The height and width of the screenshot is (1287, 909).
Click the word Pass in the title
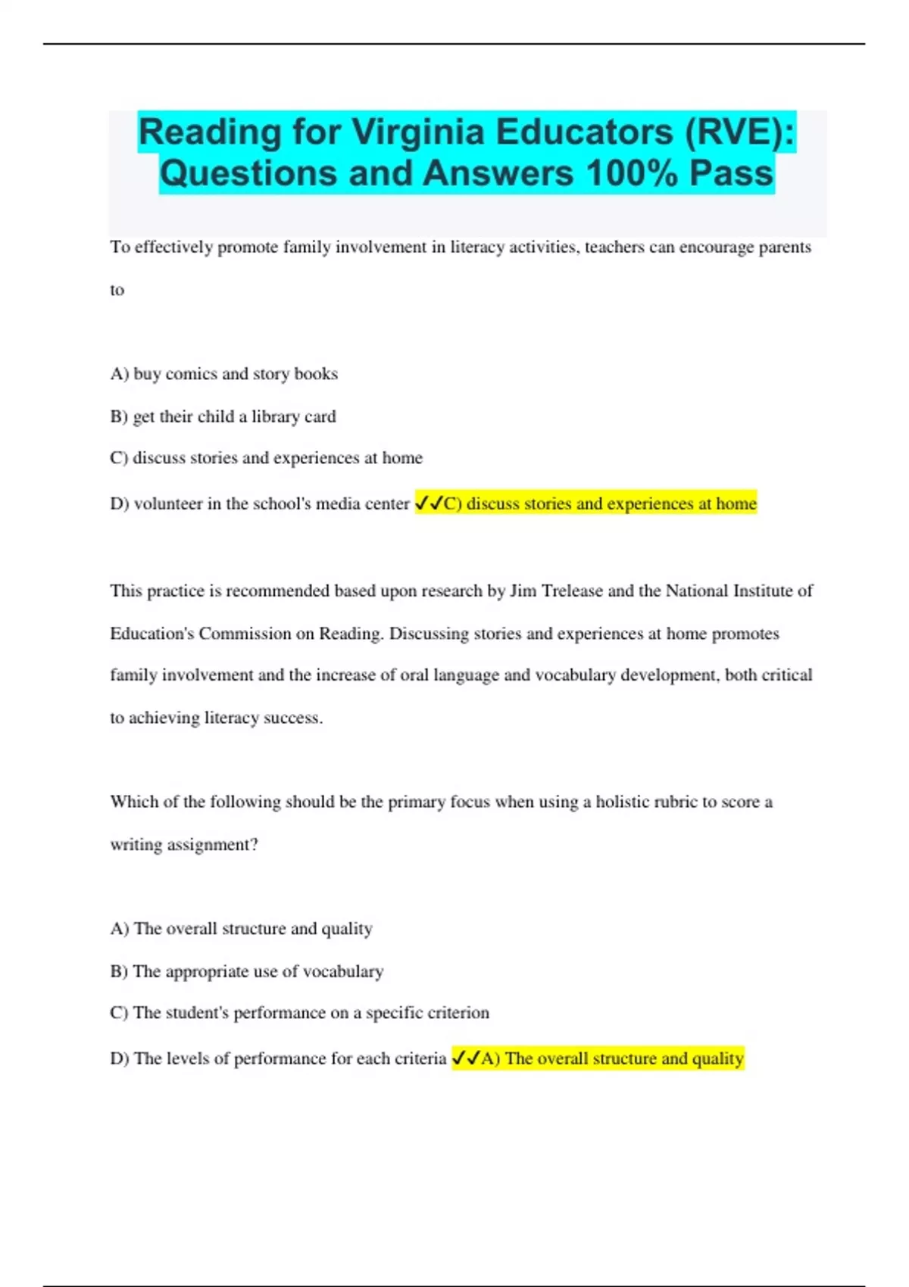pos(731,173)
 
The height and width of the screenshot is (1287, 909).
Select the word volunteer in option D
pos(168,503)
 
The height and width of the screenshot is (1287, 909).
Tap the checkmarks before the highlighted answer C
pos(429,503)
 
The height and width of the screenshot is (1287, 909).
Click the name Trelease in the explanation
pos(572,591)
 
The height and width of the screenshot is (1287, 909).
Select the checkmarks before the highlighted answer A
pos(465,1058)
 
